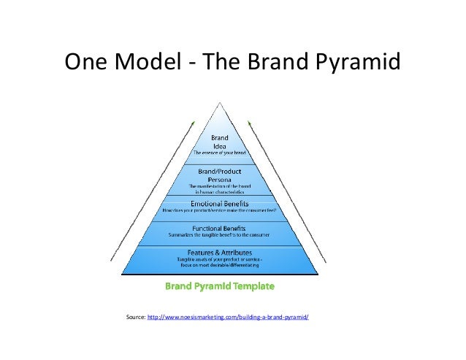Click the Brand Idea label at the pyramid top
[x=219, y=142]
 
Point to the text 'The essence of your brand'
[x=219, y=154]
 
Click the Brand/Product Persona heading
[x=219, y=175]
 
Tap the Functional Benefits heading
[x=219, y=228]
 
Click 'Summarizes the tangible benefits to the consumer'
[x=219, y=235]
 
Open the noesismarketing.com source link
[x=228, y=318]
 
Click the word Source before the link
[x=135, y=318]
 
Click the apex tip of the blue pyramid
[x=219, y=105]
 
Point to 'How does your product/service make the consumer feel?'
[x=219, y=210]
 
